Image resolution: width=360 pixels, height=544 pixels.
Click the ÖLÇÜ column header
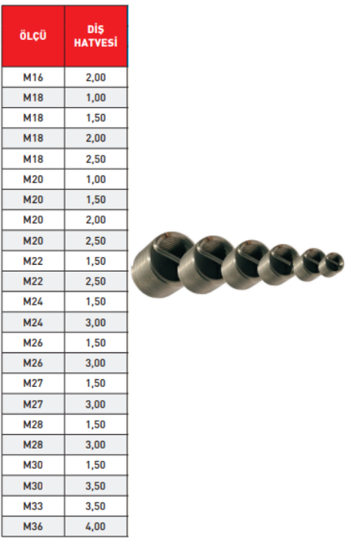33,35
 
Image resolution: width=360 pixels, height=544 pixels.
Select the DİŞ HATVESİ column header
95,36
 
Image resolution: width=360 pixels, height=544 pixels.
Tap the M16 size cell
33,77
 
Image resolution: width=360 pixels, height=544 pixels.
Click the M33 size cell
33,506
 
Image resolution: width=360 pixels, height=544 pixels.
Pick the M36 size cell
33,526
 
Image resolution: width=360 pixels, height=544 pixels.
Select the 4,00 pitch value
95,526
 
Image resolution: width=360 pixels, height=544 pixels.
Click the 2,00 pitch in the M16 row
95,77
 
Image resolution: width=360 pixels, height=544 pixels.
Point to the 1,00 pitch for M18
95,98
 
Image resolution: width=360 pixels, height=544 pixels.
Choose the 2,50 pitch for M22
95,281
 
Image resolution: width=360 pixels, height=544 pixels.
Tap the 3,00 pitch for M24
95,322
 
